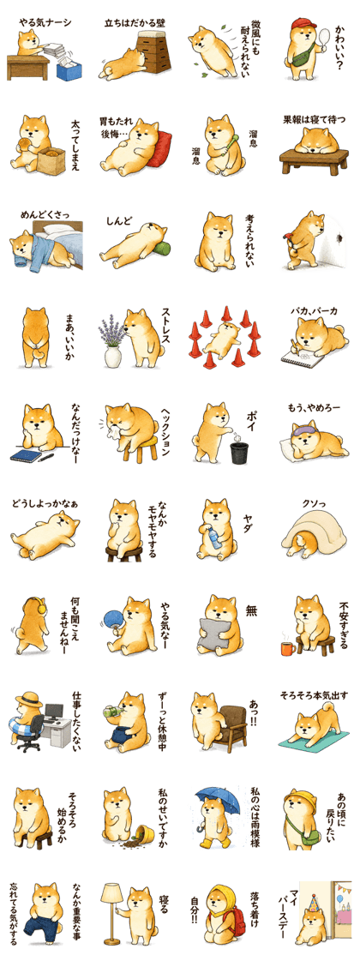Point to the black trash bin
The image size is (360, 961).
click(239, 453)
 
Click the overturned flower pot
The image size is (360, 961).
click(146, 833)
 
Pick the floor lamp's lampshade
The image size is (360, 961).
click(111, 893)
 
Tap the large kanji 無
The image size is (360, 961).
click(251, 611)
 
